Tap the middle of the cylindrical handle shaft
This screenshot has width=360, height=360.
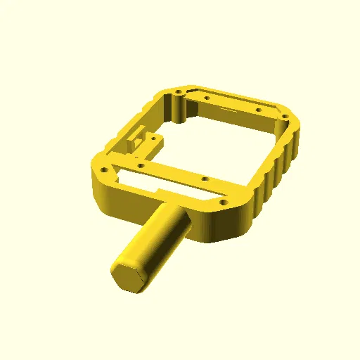pos(156,239)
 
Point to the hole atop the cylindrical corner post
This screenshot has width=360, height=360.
pos(179,92)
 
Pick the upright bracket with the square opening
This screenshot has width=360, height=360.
pos(139,136)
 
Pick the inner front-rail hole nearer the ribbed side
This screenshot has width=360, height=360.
pos(204,179)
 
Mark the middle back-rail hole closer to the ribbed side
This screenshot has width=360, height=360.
pos(258,110)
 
